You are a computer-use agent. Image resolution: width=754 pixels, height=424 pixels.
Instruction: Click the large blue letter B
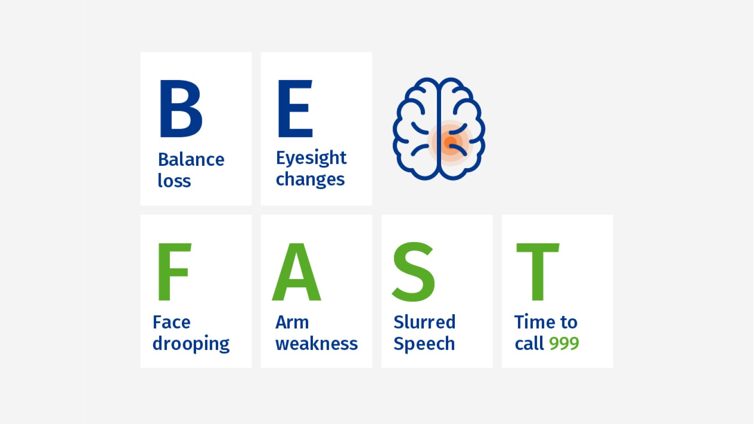181,109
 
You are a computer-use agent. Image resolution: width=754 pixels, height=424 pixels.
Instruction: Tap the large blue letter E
295,109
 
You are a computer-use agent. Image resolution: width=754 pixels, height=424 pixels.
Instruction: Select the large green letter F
174,271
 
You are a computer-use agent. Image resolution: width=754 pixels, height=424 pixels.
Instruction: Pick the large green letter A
296,271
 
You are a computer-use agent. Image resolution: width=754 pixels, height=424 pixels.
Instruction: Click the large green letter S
413,272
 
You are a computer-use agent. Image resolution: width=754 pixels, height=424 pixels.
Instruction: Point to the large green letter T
538,271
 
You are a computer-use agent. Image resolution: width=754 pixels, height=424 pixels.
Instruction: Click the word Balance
191,160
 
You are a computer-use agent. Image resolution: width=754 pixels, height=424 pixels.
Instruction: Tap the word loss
174,180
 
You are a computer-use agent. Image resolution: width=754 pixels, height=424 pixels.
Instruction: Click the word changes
310,179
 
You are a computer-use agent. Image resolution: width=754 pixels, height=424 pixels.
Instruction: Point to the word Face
172,322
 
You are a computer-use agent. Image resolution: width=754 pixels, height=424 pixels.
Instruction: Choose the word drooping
191,344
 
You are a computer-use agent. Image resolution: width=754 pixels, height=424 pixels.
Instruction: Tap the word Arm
292,322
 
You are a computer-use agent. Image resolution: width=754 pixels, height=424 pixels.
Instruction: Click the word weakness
316,343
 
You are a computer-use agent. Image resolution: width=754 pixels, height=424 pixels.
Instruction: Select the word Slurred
425,322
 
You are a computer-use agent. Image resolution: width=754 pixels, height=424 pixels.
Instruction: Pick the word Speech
424,344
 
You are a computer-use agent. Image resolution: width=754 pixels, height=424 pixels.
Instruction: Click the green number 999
564,344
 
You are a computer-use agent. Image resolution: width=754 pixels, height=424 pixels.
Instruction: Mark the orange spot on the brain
450,142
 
